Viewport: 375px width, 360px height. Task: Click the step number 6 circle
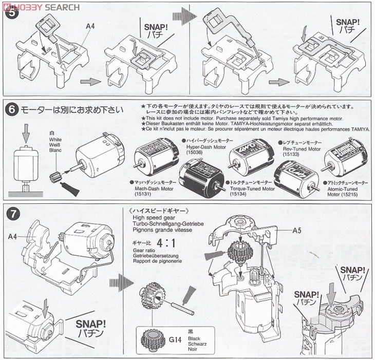(12, 109)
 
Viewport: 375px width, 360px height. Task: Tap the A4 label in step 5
(90, 26)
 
